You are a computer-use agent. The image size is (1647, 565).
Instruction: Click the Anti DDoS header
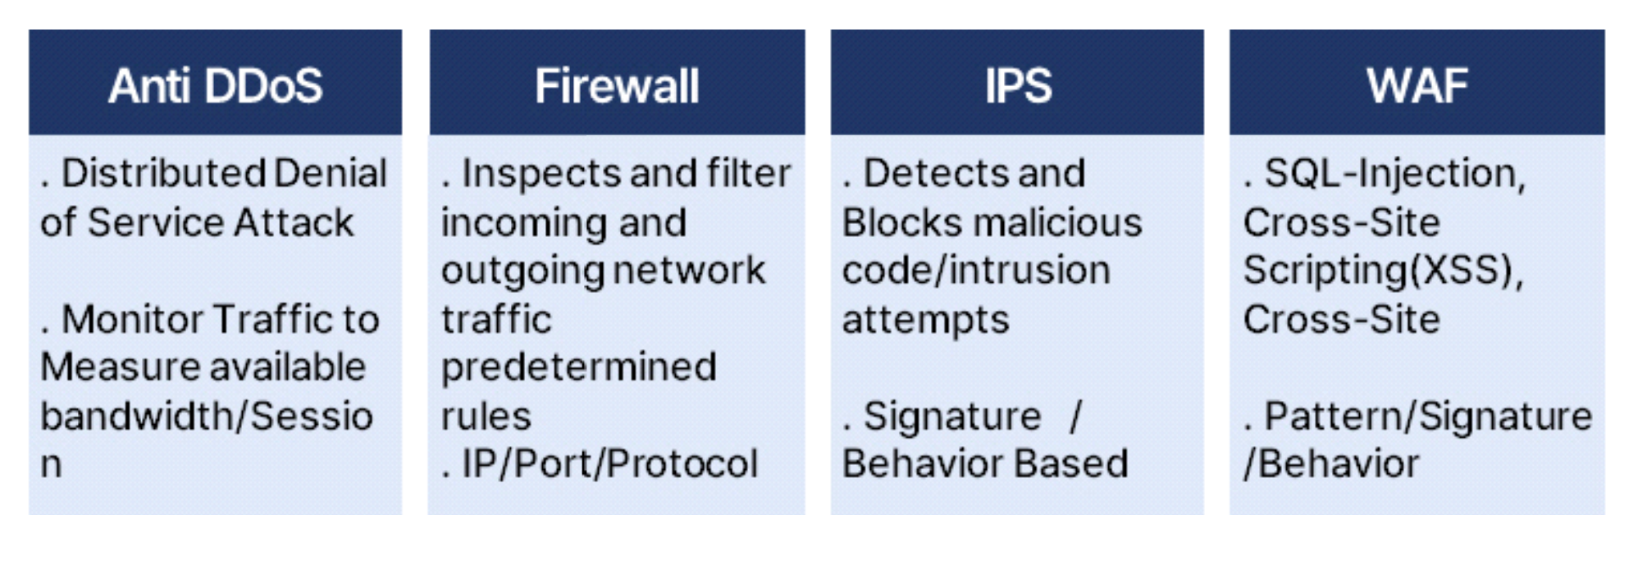click(x=215, y=85)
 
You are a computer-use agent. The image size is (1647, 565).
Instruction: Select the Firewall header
click(x=617, y=85)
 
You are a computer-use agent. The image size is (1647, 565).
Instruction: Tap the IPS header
click(x=1018, y=85)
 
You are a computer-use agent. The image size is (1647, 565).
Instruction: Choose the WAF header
click(x=1417, y=85)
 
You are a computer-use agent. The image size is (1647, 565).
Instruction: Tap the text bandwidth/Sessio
click(x=207, y=416)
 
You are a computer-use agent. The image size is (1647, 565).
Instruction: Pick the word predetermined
click(x=579, y=367)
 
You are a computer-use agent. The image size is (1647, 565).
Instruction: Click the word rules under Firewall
click(x=486, y=416)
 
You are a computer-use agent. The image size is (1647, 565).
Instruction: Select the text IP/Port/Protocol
click(x=609, y=464)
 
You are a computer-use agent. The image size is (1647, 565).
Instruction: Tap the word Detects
click(x=919, y=174)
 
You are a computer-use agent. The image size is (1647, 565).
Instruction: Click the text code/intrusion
click(x=976, y=271)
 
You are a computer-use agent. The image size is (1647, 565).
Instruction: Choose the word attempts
click(x=925, y=320)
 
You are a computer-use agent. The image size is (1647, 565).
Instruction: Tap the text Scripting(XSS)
click(x=1383, y=271)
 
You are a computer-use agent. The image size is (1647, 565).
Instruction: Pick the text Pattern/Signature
click(x=1428, y=416)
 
